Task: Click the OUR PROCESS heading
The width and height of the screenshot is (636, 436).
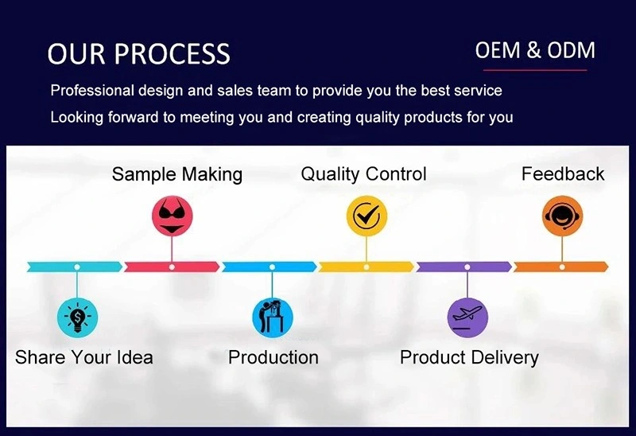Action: tap(138, 53)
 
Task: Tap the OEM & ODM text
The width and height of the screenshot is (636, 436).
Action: tap(535, 50)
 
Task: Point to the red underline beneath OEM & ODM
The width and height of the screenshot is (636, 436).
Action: tap(535, 70)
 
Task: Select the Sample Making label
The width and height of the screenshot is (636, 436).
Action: tap(177, 174)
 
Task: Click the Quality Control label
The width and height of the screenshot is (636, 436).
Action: tap(363, 174)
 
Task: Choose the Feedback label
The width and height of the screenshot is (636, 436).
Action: tap(563, 173)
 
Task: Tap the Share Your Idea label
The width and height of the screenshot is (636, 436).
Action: tap(84, 358)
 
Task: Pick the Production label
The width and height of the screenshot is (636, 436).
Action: tap(273, 358)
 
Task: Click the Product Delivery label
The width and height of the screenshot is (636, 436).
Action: tap(469, 358)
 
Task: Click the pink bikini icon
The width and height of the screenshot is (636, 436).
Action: tap(172, 216)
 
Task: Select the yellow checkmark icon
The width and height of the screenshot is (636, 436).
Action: tap(366, 216)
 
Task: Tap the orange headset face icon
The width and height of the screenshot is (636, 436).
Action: tap(562, 216)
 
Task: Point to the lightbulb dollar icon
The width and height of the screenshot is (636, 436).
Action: tap(77, 317)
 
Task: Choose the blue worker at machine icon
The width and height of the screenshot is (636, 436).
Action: tap(273, 317)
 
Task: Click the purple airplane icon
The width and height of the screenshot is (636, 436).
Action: tap(467, 317)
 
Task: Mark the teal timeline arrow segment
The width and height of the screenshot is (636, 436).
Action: tap(75, 267)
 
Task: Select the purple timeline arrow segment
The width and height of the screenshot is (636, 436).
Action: tap(464, 267)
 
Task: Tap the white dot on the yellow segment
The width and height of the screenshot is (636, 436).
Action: tap(366, 267)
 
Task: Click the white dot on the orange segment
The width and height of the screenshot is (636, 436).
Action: tap(562, 267)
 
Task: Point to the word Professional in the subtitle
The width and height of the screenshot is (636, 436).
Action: tap(92, 91)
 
